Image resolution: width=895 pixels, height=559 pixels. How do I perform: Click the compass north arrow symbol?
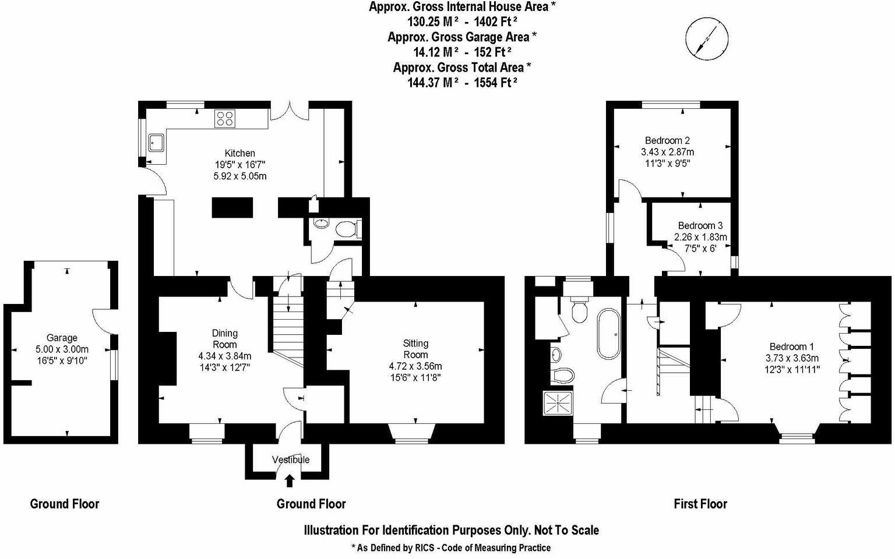(x=707, y=38)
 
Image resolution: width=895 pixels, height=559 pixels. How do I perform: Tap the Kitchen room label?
(x=239, y=154)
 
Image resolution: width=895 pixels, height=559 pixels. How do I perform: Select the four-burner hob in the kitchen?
(x=225, y=119)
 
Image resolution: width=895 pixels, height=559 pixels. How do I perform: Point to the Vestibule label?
(x=291, y=460)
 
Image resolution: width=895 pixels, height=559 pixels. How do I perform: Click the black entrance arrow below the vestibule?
(x=290, y=480)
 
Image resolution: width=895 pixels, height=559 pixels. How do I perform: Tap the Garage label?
(x=62, y=338)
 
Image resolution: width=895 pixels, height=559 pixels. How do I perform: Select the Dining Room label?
(x=225, y=338)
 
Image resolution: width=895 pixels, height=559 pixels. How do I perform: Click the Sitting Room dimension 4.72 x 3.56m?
(x=415, y=366)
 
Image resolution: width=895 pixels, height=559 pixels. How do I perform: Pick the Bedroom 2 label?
(x=667, y=140)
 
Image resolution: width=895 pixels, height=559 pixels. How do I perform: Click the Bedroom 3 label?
(x=700, y=226)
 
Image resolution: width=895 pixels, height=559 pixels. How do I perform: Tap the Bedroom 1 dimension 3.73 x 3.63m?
(x=792, y=358)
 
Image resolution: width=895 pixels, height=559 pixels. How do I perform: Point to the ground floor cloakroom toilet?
(x=347, y=229)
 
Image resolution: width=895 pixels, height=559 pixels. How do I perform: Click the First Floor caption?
(x=700, y=504)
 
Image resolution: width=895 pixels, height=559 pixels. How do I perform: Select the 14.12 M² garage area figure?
(x=433, y=52)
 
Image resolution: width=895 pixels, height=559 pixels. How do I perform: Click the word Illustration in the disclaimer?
(x=331, y=530)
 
